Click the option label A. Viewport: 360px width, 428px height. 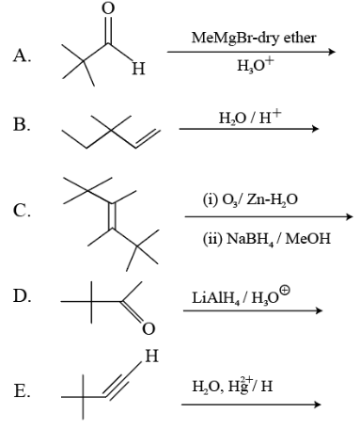coord(22,55)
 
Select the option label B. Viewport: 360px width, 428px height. coord(22,125)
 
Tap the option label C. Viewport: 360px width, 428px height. coord(22,210)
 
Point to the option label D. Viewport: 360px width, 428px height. coord(22,295)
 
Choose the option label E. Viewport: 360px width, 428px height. coord(22,390)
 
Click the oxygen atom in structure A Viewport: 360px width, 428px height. coord(108,8)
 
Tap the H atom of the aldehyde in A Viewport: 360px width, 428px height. coord(138,69)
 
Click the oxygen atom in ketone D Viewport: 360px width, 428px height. coord(149,328)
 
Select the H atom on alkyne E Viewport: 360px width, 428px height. coord(152,356)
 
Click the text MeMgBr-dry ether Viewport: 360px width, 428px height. coord(254,38)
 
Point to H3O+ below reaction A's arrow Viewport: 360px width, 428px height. coord(256,65)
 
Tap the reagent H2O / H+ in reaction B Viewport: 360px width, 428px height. coord(250,118)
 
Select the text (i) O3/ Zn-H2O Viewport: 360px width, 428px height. coord(250,199)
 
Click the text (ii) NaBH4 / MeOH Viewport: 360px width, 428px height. coord(266,239)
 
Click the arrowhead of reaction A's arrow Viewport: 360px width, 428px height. coord(332,52)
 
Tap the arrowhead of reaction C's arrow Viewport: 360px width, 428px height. coord(349,216)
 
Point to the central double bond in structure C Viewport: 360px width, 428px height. coord(112,216)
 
